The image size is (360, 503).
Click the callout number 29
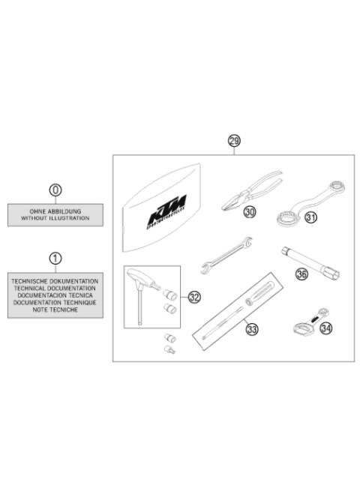tap(234, 141)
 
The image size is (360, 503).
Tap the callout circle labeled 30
tap(250, 213)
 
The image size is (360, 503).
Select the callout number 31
tap(311, 218)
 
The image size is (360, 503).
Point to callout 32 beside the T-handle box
tap(194, 298)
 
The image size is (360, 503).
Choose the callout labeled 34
tap(325, 328)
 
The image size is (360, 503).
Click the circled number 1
tap(55, 259)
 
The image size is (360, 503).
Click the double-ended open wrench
tap(226, 254)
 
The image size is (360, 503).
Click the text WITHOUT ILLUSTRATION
tap(55, 218)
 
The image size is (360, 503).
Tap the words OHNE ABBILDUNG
tap(55, 211)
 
